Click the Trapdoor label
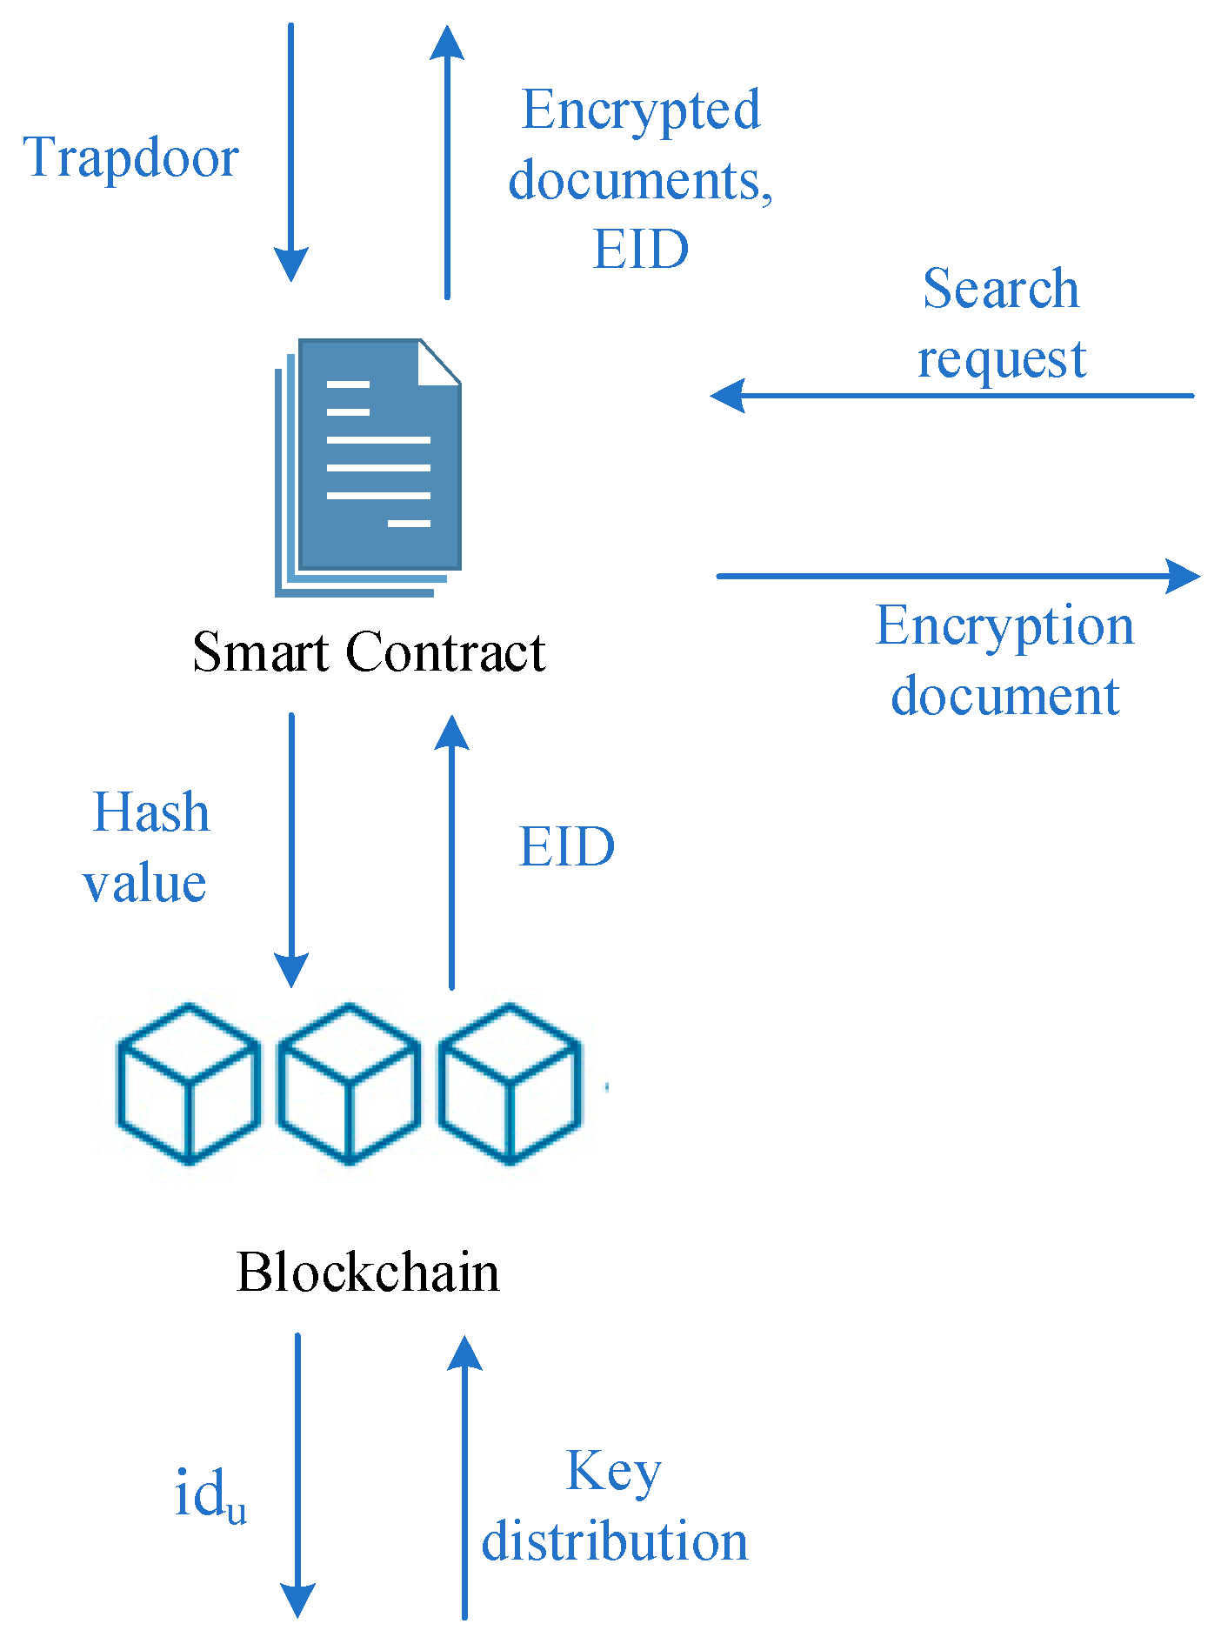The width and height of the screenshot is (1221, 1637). (x=130, y=158)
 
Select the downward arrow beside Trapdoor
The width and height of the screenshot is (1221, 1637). (x=291, y=152)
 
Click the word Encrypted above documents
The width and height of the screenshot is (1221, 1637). (x=641, y=110)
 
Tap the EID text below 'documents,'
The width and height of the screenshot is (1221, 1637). (x=641, y=250)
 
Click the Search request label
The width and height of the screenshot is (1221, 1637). (x=1001, y=323)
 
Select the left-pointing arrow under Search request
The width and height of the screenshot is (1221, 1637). (x=952, y=396)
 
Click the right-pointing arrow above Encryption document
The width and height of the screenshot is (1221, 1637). (x=957, y=576)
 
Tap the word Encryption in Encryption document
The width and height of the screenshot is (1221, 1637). (x=1004, y=625)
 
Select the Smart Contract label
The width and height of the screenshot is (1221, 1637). (x=369, y=651)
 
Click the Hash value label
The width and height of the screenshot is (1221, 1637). (x=147, y=847)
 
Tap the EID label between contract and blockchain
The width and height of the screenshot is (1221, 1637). (x=567, y=847)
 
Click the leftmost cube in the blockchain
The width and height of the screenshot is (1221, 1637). (x=189, y=1083)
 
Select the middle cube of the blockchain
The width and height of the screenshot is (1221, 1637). (x=349, y=1083)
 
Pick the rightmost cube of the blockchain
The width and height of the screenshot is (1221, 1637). (x=509, y=1083)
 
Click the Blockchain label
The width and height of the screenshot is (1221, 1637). (x=368, y=1273)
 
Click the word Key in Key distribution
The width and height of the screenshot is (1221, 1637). (x=614, y=1472)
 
